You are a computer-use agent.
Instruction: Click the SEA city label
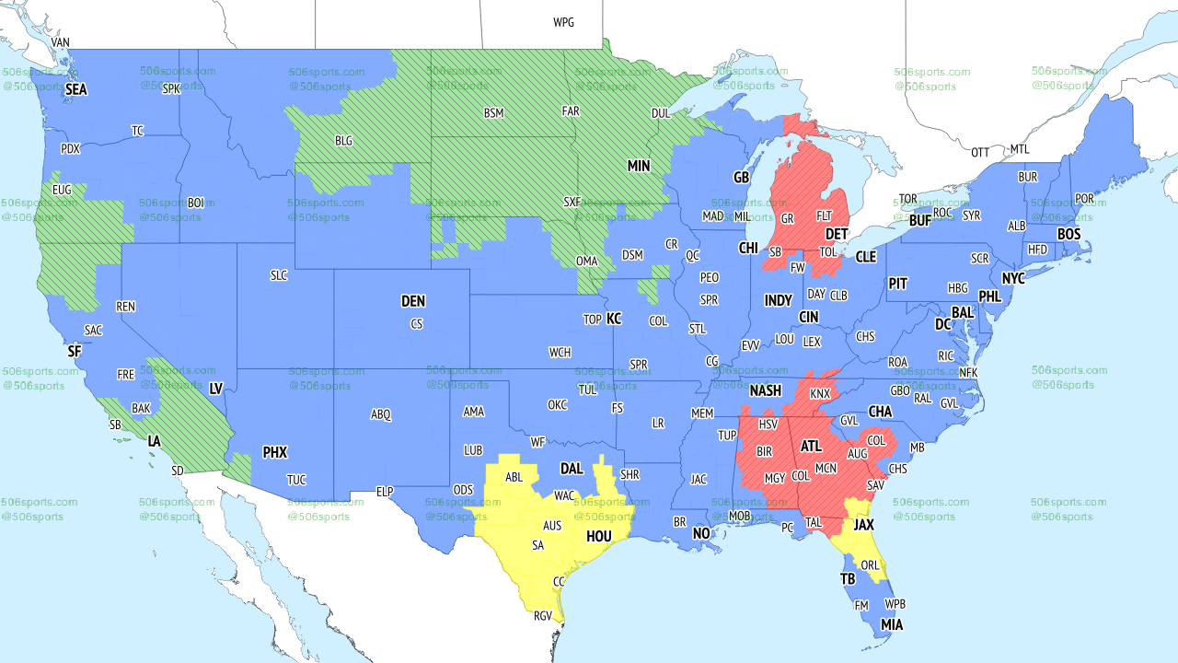tap(76, 90)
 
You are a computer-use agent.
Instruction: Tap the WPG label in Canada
tap(563, 22)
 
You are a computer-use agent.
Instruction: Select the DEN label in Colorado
tap(413, 301)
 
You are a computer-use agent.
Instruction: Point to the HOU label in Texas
tap(598, 536)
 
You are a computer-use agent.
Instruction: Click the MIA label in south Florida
tap(891, 625)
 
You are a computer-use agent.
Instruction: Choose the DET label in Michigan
tap(837, 235)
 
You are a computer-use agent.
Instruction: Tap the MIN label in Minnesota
tap(639, 167)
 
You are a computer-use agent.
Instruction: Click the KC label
tap(614, 319)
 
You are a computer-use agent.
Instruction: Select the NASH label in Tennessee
tap(765, 391)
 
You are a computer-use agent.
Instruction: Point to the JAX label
tap(863, 525)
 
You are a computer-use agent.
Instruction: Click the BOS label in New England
tap(1068, 235)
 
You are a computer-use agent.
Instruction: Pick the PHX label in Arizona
tap(275, 452)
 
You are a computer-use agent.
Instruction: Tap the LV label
tap(216, 390)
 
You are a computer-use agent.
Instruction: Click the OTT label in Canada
tap(980, 152)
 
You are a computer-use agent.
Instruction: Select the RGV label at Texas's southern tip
tap(543, 616)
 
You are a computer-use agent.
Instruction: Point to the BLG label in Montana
tap(343, 142)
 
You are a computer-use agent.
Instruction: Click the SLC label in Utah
tap(279, 275)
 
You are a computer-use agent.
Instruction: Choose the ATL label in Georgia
tap(811, 447)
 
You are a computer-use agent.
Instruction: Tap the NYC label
tap(1013, 278)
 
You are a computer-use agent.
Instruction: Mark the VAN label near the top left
tap(61, 42)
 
